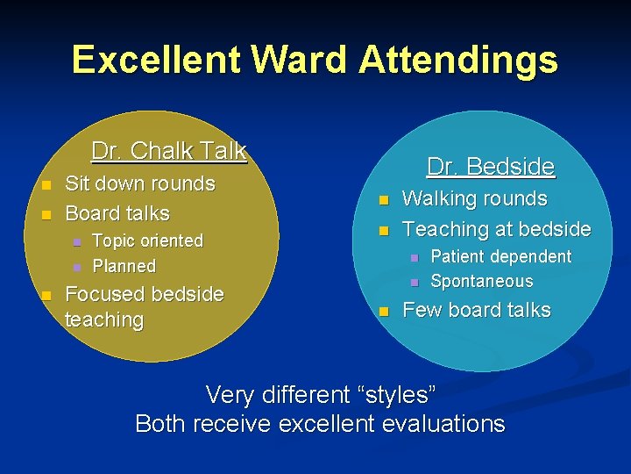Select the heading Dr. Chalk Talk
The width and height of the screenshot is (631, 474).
[169, 151]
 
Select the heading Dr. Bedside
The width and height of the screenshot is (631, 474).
[490, 166]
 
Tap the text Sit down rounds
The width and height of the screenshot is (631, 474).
[140, 183]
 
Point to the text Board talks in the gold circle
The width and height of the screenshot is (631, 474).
[117, 213]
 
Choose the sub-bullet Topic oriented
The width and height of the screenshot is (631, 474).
[147, 241]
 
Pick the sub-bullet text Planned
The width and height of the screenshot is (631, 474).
[124, 266]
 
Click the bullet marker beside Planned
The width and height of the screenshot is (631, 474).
[76, 266]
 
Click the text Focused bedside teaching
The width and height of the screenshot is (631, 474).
[144, 306]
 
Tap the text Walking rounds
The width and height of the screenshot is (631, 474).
[474, 199]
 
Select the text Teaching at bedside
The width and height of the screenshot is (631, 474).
[496, 229]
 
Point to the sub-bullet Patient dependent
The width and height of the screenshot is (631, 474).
[500, 256]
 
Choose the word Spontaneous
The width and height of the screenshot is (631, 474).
[481, 282]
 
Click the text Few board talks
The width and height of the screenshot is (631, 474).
[476, 310]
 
